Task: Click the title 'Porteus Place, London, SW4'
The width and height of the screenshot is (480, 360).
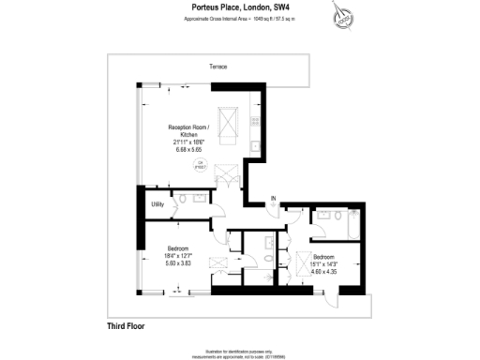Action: pyautogui.click(x=239, y=7)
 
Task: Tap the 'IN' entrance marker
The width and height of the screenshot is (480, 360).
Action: pyautogui.click(x=274, y=198)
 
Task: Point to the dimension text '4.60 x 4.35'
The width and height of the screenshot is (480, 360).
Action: pyautogui.click(x=325, y=270)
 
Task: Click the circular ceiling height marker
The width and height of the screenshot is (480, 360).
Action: pyautogui.click(x=199, y=165)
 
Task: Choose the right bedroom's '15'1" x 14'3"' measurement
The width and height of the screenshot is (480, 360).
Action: pyautogui.click(x=325, y=263)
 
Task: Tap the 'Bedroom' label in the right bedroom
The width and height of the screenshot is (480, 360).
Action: pyautogui.click(x=325, y=257)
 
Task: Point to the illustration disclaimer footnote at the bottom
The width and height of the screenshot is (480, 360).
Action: pyautogui.click(x=240, y=351)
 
